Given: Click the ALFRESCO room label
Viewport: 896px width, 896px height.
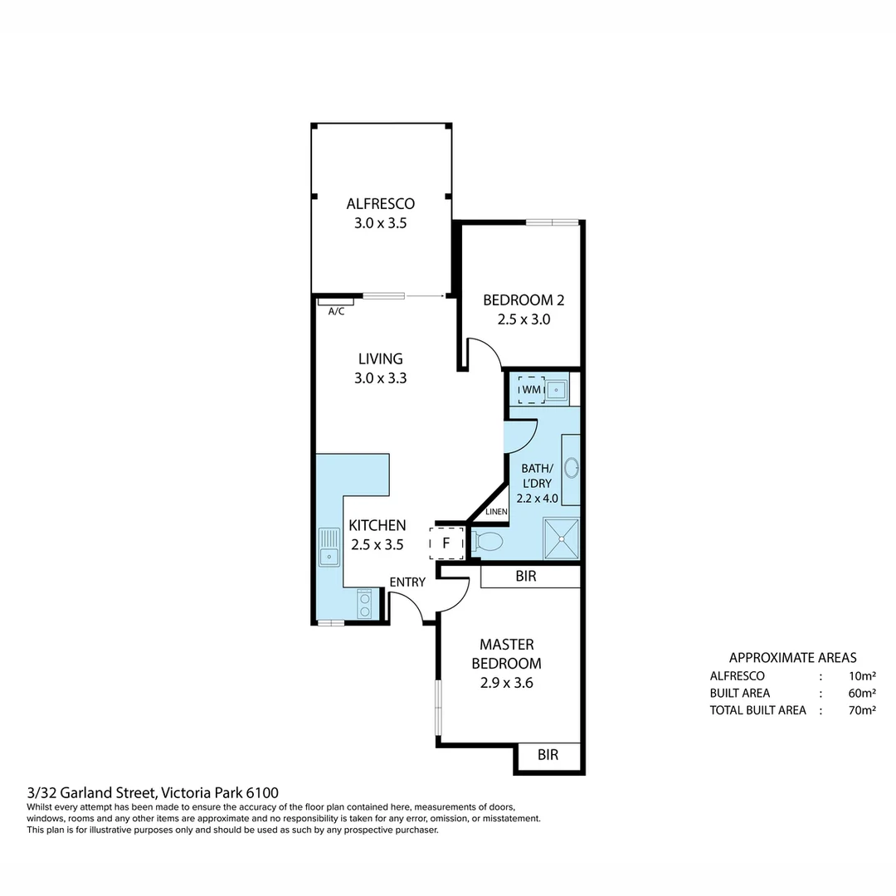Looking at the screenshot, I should click(x=380, y=203).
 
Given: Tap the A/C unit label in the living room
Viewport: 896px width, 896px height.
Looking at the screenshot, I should click(x=337, y=311).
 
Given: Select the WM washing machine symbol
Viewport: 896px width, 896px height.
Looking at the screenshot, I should click(x=531, y=388).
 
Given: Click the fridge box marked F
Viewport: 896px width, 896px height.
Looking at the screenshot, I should click(x=446, y=543).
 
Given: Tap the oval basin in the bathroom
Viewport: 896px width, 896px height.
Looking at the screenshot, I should click(x=571, y=469).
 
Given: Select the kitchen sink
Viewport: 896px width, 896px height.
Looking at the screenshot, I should click(x=329, y=548).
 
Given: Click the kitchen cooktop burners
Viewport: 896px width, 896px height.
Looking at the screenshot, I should click(x=364, y=604).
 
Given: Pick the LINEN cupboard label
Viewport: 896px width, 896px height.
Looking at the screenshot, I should click(x=496, y=512).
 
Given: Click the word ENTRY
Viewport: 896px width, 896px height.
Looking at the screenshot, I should click(x=407, y=582).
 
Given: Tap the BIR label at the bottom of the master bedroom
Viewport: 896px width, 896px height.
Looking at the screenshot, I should click(x=548, y=755).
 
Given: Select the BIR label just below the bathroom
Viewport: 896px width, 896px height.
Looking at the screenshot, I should click(x=525, y=576).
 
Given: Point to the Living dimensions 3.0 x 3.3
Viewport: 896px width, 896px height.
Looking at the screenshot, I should click(x=380, y=377).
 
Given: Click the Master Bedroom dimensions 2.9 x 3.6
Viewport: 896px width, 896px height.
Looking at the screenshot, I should click(x=506, y=684).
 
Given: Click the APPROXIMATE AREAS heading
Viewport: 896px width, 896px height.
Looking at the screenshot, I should click(x=792, y=657).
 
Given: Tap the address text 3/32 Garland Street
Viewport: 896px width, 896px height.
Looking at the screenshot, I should click(x=91, y=793).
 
